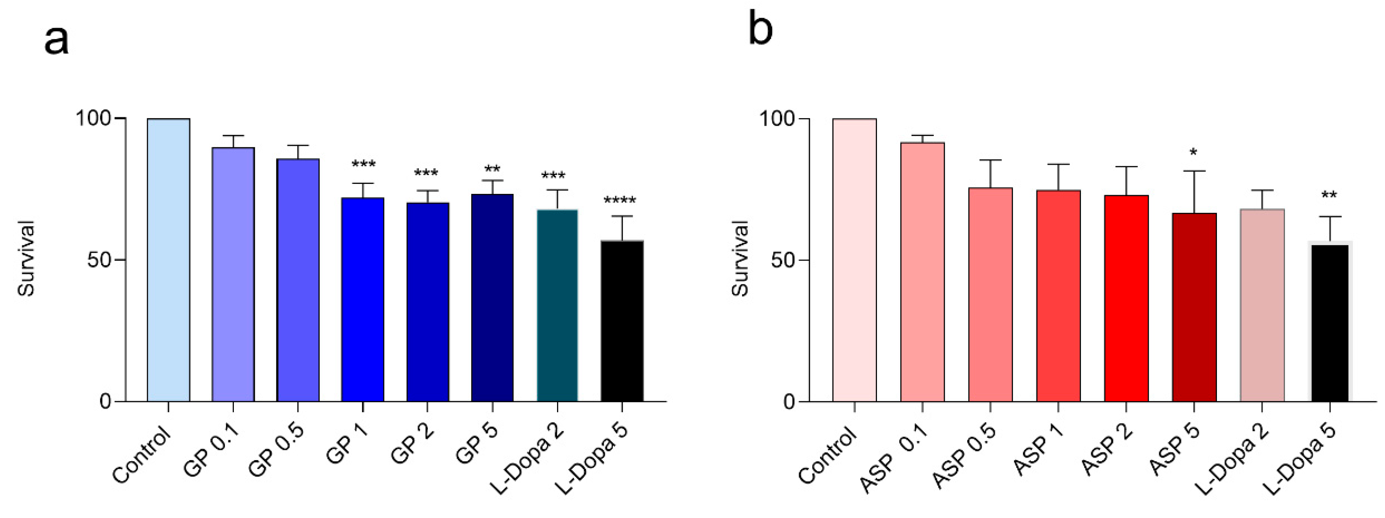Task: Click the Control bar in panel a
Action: [168, 260]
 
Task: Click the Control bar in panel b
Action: [854, 260]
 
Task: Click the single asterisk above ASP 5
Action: [1193, 153]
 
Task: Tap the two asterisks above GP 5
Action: [492, 170]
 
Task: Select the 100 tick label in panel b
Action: [774, 118]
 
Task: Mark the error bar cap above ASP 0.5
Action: [990, 160]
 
